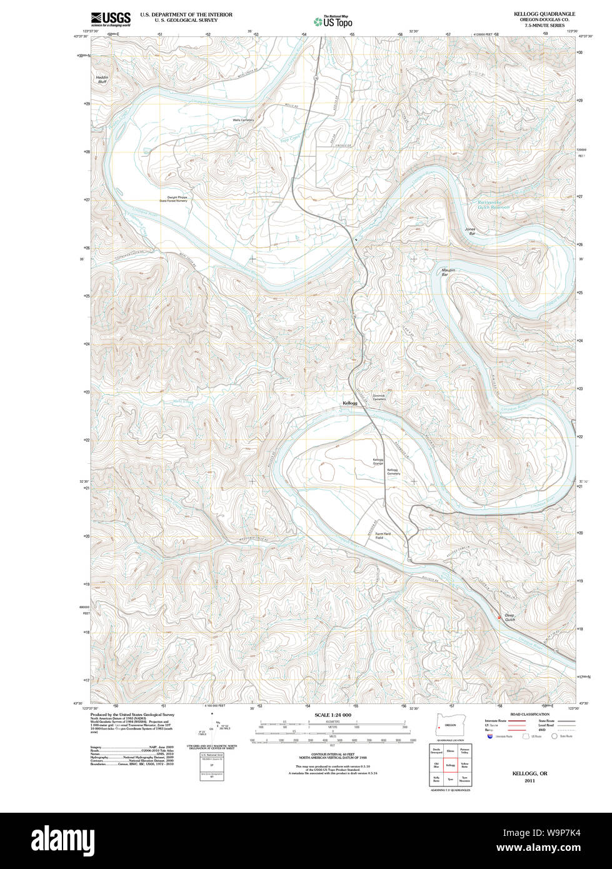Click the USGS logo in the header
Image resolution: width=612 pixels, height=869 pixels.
point(111,19)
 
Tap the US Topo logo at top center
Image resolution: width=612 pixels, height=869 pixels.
point(333,21)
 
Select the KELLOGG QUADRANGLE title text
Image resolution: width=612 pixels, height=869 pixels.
point(544,14)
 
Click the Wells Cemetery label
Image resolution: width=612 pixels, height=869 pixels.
point(243,119)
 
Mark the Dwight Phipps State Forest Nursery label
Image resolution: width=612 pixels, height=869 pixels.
point(173,199)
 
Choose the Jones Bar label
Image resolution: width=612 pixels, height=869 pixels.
point(470,231)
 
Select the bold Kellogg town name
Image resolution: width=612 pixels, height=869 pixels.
point(350,403)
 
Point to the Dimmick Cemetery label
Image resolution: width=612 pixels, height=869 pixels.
point(379,397)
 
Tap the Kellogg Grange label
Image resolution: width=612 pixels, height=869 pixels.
point(378,462)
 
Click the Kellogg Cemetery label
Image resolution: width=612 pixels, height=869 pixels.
point(393,471)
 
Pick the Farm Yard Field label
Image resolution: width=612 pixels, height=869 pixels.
point(383,536)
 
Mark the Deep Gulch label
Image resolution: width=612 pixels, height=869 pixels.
point(509,616)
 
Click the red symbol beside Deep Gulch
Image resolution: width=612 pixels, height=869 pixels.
point(498,617)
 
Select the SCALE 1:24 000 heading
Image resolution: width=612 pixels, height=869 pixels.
point(333,715)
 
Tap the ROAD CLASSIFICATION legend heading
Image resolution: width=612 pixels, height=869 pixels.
point(529,714)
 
